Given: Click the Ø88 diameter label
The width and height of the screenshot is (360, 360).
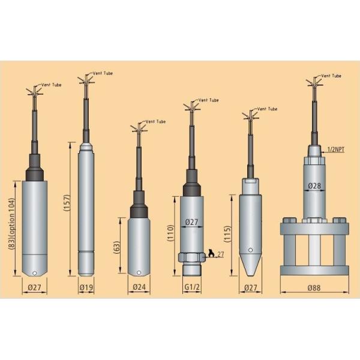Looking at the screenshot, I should tap(314, 288).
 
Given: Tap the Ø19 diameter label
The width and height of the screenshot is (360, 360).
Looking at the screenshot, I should tap(86, 288).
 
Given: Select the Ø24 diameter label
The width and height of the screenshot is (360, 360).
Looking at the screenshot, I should tap(139, 288).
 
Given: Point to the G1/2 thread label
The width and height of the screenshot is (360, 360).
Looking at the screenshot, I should tap(191, 288).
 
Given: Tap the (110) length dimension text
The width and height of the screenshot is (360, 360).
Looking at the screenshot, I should tap(170, 232).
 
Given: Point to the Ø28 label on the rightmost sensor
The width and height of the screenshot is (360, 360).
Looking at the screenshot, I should tap(314, 187).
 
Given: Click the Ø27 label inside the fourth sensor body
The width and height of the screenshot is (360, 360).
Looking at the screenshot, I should tap(191, 222).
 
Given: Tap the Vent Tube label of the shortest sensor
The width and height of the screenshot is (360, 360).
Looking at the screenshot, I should tap(155, 121).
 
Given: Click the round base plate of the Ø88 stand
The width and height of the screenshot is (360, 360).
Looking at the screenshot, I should tap(314, 271).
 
